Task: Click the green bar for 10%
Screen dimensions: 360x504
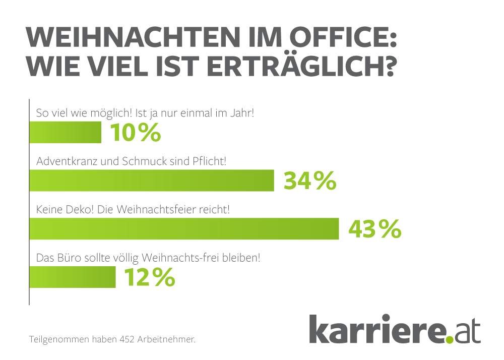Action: [x=66, y=133]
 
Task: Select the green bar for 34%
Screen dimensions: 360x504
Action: [x=152, y=181]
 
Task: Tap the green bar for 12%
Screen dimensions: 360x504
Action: [x=73, y=277]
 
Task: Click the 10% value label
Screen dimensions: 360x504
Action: [x=135, y=133]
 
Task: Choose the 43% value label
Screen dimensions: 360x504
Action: [x=374, y=229]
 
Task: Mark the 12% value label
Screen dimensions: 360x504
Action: [x=149, y=277]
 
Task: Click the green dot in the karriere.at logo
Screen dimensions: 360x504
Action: [x=450, y=339]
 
